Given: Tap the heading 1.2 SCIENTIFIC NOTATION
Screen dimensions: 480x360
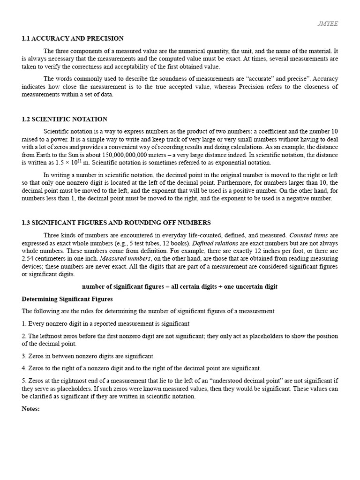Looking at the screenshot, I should click(64, 119).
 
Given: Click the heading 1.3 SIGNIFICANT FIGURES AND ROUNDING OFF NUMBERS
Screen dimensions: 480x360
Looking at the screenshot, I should click(116, 223).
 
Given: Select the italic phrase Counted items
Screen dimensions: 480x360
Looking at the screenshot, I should click(309, 235).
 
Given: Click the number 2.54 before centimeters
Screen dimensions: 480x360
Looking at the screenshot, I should click(29, 258).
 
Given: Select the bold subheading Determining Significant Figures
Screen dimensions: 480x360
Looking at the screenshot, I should click(67, 299).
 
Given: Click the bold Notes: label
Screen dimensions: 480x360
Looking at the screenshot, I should click(31, 409).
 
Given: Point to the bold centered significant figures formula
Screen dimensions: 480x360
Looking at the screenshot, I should click(180, 286).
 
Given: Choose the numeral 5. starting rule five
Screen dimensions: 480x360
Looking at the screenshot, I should click(24, 381).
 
